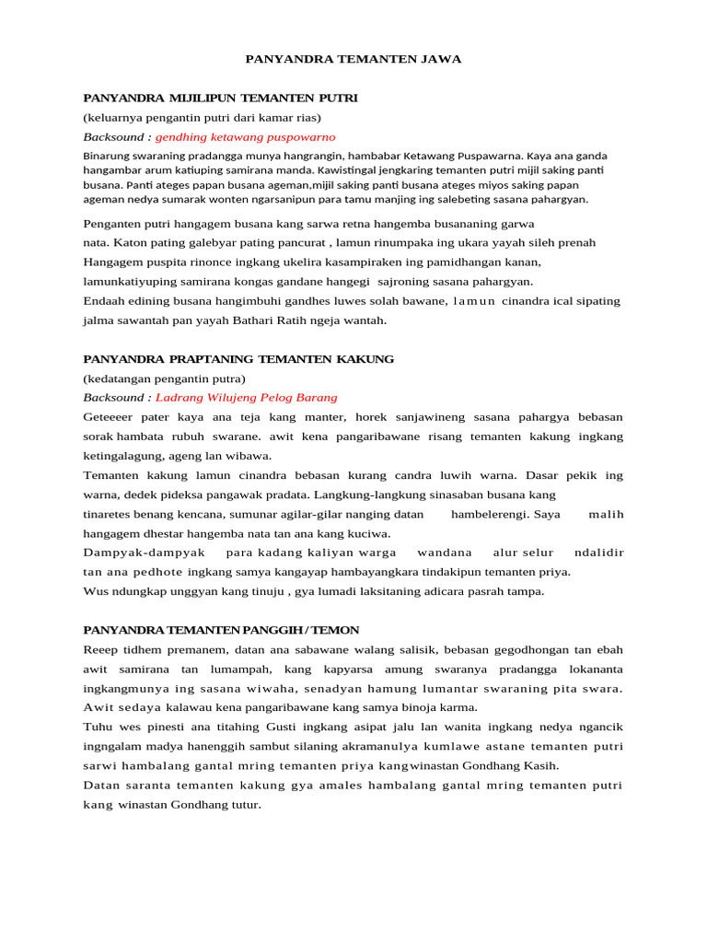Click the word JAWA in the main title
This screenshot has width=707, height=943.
coord(441,59)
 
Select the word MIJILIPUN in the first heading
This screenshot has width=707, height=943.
coord(200,97)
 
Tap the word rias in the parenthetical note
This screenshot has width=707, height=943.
coord(305,117)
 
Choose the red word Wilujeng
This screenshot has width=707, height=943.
coord(235,398)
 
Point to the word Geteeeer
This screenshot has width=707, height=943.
coord(109,417)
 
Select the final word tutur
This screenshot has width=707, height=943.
coord(245,804)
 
